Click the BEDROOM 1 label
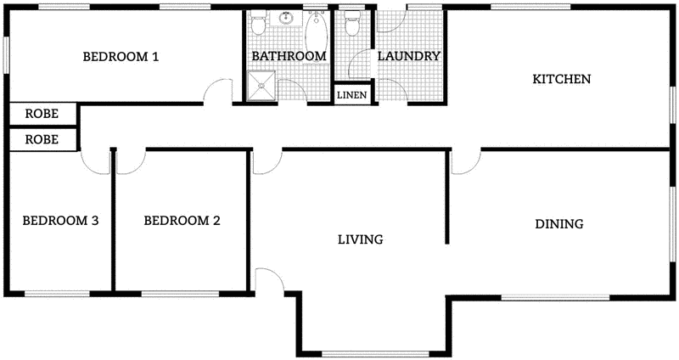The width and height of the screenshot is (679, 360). coord(121,57)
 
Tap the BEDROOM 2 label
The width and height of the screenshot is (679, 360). coord(182,221)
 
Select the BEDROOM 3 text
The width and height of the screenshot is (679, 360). coord(60,221)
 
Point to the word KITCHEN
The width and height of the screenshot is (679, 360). coord(561,79)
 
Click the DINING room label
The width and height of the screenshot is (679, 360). coord(558,225)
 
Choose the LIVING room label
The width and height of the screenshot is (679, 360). coord(360,239)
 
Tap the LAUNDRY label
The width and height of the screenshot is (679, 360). coord(409,57)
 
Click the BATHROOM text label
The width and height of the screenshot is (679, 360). coord(289,57)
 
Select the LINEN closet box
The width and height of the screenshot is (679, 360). coord(351,94)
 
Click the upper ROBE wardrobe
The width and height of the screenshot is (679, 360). coord(42,113)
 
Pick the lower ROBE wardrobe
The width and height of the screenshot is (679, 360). coord(42,138)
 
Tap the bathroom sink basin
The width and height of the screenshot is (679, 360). coord(288,18)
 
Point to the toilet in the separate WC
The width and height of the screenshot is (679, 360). coord(351,23)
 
